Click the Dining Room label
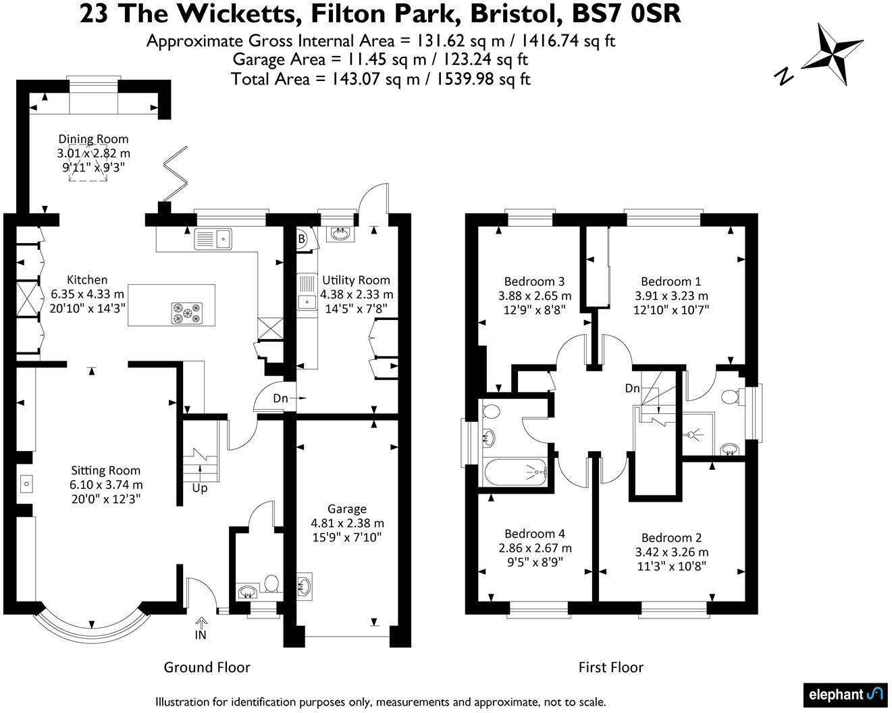click(x=93, y=139)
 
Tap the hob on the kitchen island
click(x=187, y=312)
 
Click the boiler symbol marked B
click(x=302, y=238)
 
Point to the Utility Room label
click(x=356, y=280)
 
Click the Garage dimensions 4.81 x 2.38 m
click(x=347, y=523)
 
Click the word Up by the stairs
click(x=200, y=488)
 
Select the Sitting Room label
click(x=106, y=471)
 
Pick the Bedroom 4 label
click(x=534, y=533)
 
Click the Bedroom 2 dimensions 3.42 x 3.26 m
click(x=671, y=552)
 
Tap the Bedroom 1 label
click(x=671, y=282)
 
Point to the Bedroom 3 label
click(x=534, y=282)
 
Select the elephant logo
click(x=845, y=694)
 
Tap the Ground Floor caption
click(x=207, y=668)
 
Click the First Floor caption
click(x=610, y=668)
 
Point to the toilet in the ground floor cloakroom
click(x=271, y=583)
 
